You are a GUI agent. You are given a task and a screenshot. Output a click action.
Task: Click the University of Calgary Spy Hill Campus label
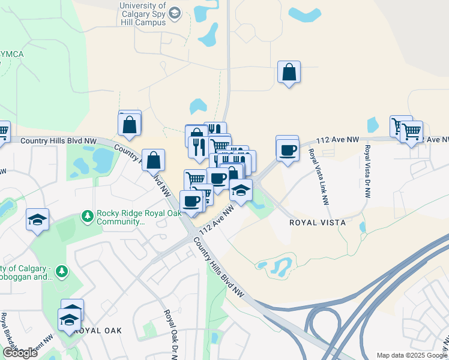(142, 14)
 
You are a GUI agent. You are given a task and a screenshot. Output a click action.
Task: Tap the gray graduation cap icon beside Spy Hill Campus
(175, 13)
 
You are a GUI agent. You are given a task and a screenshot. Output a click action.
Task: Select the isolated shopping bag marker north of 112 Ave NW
(289, 73)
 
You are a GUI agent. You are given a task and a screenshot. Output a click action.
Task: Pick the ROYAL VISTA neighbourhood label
(318, 222)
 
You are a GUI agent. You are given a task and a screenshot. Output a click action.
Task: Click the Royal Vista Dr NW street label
(367, 172)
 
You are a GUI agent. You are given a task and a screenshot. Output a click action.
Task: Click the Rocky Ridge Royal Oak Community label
(120, 217)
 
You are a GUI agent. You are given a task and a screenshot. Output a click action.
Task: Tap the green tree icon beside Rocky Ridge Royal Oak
(88, 216)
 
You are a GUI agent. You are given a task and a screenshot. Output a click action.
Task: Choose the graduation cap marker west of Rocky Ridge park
(37, 220)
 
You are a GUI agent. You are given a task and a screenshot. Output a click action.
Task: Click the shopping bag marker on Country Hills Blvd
(153, 160)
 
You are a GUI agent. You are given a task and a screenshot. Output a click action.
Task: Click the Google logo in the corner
(20, 353)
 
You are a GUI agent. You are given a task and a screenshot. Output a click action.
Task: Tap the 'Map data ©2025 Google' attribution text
(411, 355)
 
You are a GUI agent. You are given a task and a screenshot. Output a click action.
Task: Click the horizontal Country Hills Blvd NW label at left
(58, 140)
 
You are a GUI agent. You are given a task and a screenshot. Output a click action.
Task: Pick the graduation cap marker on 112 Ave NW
(240, 191)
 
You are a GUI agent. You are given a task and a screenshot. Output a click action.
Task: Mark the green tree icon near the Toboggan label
(61, 272)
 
